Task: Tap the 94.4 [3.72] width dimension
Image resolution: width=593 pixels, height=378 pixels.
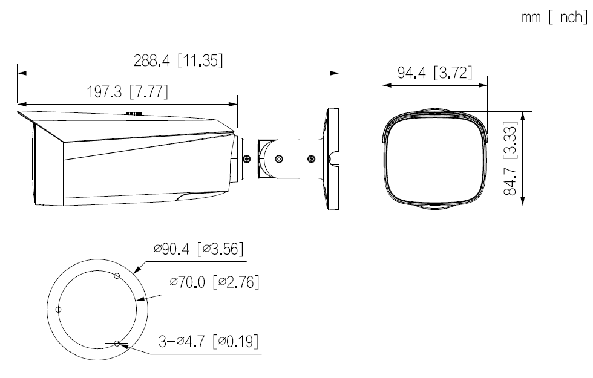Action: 434,73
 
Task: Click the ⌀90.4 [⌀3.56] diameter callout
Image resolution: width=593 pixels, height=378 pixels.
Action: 199,249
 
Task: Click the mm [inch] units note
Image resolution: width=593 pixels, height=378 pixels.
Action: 554,18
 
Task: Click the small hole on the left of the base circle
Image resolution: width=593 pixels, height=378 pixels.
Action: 58,309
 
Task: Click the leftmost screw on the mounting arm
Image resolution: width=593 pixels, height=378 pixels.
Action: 246,158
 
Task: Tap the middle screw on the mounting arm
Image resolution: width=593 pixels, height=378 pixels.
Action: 278,158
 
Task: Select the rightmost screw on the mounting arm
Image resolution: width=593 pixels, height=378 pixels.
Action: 311,158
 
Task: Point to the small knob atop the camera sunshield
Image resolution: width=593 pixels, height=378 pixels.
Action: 134,112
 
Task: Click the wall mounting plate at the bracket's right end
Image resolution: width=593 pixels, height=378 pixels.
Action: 332,158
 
